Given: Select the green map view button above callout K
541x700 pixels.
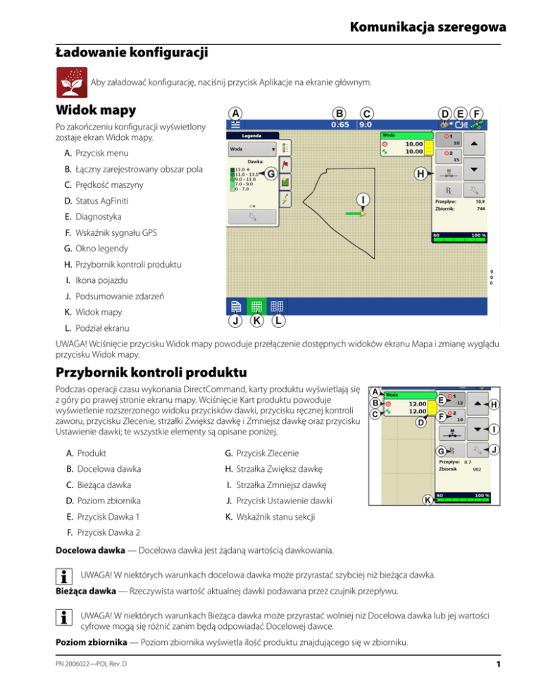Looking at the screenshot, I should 256,306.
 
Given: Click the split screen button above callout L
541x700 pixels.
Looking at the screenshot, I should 277,306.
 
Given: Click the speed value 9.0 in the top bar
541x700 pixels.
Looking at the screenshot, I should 366,125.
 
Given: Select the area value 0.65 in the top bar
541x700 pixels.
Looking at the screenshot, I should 340,125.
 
